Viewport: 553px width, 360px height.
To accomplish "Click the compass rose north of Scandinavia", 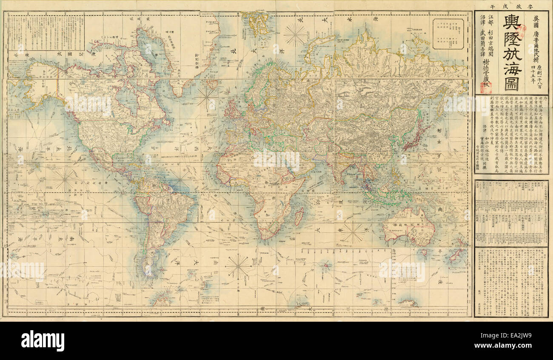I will [295, 34].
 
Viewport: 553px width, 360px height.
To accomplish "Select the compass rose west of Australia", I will [353, 232].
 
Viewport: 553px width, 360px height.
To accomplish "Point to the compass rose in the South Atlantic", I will [239, 266].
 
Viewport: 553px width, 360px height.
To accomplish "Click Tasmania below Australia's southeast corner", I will [424, 252].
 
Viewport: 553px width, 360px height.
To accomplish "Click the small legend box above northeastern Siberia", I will [448, 34].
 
